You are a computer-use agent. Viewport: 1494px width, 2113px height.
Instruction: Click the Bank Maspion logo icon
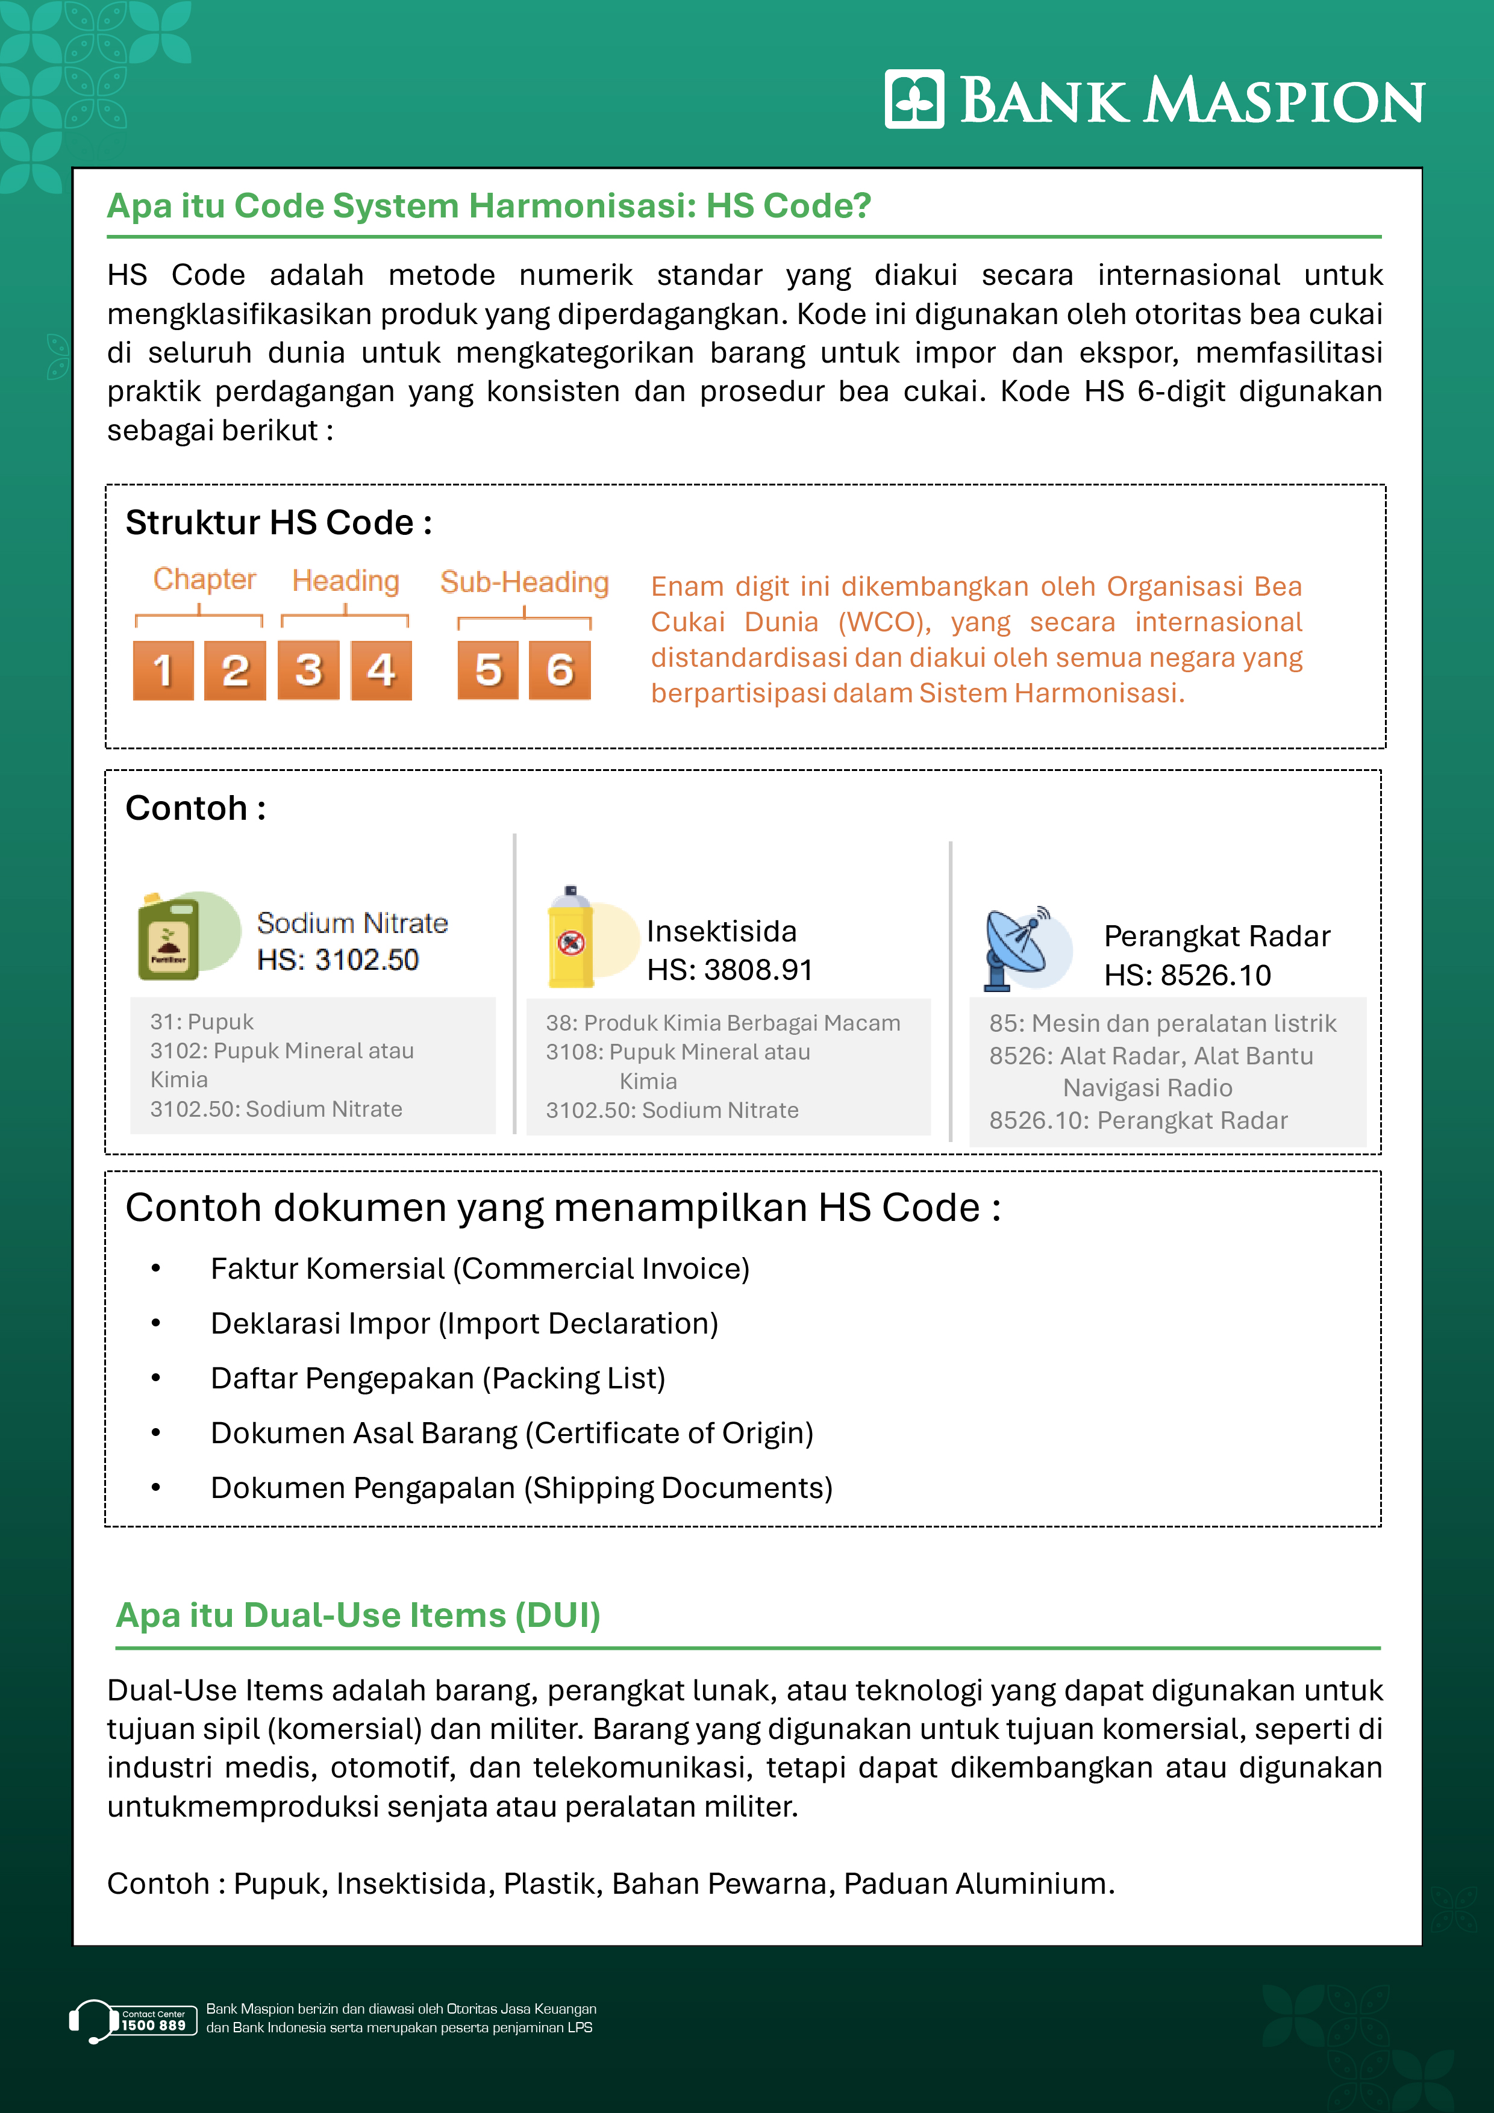tap(914, 99)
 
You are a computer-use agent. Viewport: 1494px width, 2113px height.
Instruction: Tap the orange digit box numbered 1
tap(163, 670)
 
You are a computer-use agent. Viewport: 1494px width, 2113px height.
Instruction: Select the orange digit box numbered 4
tap(381, 670)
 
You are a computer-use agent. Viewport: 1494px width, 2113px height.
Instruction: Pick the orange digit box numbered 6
tap(560, 670)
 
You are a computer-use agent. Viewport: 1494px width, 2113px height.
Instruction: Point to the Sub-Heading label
tap(524, 582)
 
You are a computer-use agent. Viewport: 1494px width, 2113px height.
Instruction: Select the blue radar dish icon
tap(1017, 949)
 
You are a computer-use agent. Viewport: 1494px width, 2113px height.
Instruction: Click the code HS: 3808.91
tap(729, 970)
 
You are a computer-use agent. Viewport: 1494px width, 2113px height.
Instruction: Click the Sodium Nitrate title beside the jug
tap(352, 923)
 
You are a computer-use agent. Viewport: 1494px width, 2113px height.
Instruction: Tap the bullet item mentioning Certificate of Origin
tap(512, 1433)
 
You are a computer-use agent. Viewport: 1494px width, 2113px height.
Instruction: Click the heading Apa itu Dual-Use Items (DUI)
tap(358, 1615)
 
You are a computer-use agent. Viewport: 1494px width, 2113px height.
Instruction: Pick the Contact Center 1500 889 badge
tap(153, 2020)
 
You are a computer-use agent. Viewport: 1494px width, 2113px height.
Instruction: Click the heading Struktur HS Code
tap(278, 523)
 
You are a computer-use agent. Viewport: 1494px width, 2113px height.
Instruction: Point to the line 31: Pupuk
tap(202, 1022)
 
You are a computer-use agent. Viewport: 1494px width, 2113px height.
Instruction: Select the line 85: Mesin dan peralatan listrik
tap(1161, 1023)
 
